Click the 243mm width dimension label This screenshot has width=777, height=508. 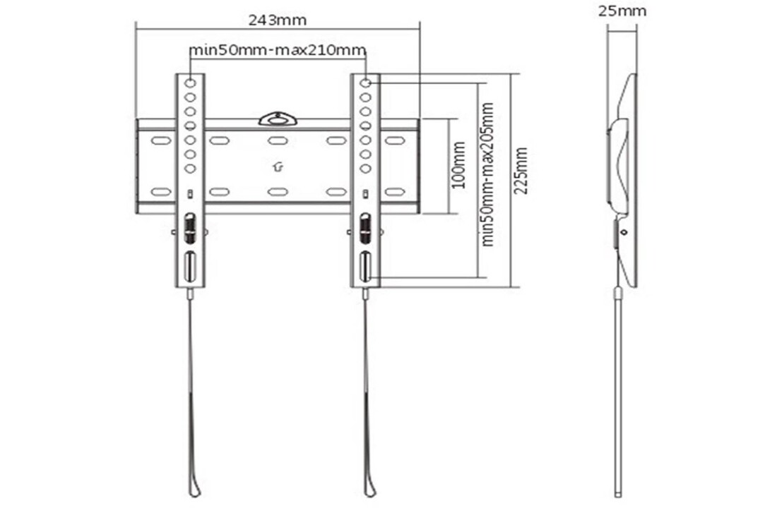pos(277,20)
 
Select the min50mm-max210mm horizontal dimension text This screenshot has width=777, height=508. pos(278,51)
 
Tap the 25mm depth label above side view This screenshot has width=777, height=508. pos(622,11)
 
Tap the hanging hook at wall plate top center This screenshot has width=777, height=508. pos(278,118)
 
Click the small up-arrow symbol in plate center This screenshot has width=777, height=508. pos(278,167)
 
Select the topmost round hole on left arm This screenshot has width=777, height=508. pos(190,83)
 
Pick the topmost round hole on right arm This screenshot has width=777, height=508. pos(365,83)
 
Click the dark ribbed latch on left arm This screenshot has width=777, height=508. pos(190,227)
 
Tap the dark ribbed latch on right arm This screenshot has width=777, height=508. pos(365,227)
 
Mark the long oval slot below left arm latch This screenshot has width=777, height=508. pos(190,266)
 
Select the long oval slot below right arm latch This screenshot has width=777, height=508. pos(365,266)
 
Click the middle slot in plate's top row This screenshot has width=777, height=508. pos(278,141)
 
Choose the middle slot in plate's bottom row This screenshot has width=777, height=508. pos(278,191)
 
